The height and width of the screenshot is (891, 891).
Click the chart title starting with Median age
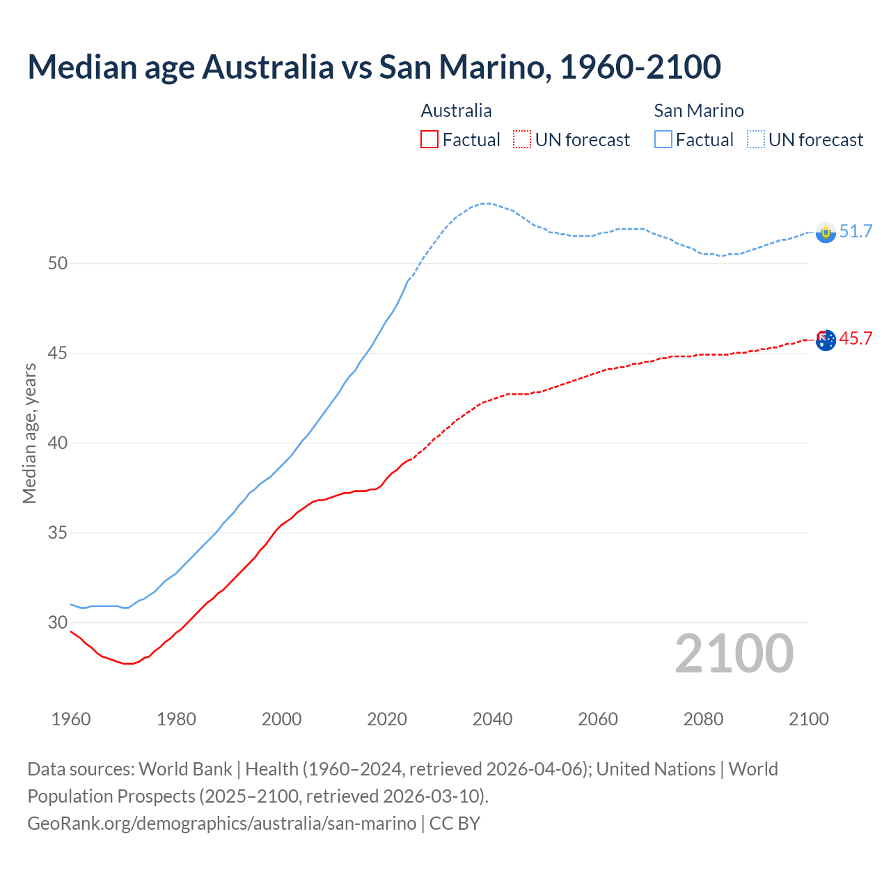374,67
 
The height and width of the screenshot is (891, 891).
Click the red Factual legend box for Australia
429,139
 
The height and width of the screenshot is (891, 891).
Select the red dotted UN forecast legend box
522,139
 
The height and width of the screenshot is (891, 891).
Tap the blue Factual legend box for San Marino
663,139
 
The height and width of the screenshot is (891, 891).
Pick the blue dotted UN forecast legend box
756,139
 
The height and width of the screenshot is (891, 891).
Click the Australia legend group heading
456,111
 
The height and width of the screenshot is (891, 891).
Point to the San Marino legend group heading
698,111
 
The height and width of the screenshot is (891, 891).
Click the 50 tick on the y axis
58,263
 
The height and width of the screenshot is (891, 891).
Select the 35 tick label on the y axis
58,533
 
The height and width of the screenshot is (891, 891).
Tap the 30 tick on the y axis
58,623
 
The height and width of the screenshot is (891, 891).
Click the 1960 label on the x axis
71,719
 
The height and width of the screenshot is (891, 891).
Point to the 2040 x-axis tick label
492,719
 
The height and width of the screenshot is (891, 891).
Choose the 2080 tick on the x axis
703,719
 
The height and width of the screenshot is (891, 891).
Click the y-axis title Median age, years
29,433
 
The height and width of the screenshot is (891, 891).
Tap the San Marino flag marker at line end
826,232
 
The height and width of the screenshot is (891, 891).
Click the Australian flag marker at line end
826,340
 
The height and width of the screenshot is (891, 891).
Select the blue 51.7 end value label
855,231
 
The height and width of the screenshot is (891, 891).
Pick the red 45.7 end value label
855,339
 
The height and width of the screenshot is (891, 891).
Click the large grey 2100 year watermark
734,654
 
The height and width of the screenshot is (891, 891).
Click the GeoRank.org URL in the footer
221,823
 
